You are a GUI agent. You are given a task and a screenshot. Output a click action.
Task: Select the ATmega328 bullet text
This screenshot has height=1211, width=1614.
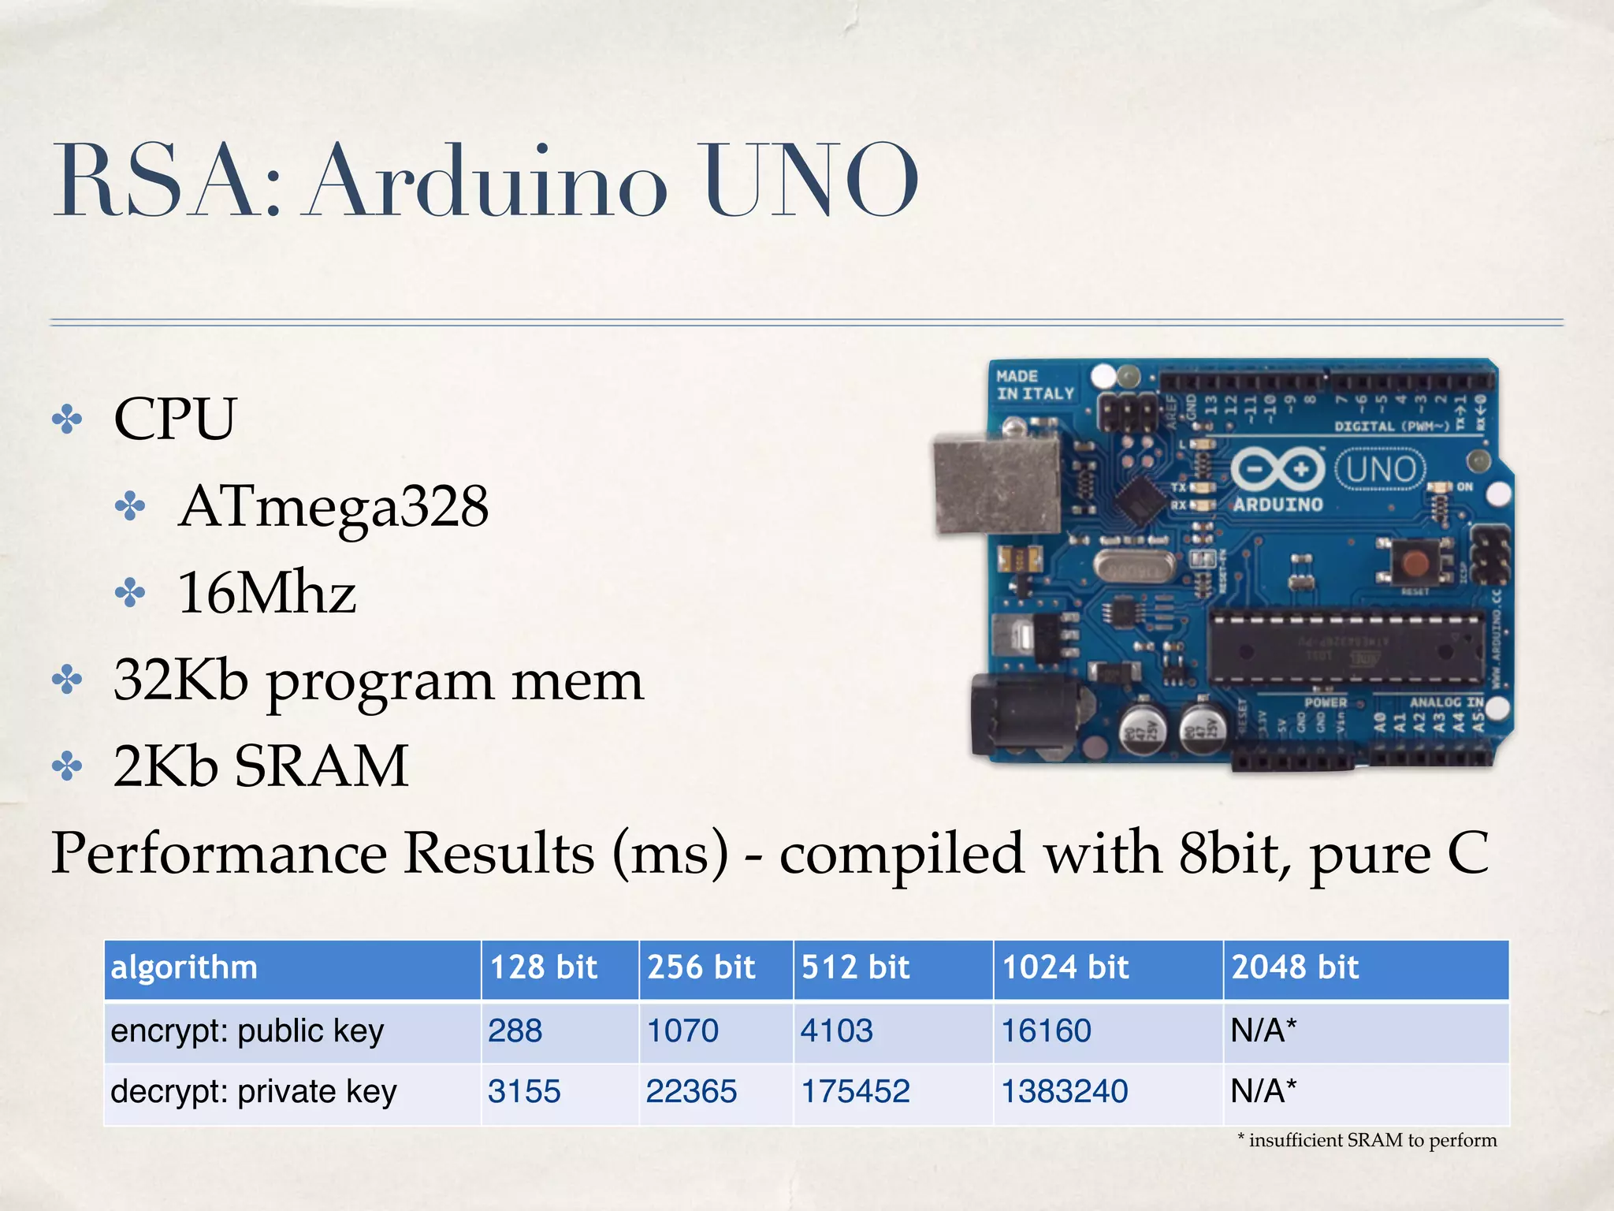[x=333, y=506]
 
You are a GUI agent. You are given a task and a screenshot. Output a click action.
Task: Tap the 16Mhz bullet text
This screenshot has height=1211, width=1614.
[x=266, y=593]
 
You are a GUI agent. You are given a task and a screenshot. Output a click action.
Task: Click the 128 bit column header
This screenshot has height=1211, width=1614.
[x=544, y=967]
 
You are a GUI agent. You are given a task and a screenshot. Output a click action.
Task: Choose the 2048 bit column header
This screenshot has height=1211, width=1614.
[x=1295, y=967]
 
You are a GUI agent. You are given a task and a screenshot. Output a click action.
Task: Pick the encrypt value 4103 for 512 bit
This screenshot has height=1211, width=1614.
[x=837, y=1030]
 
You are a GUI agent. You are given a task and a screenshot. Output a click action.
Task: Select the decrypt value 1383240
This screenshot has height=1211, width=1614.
[x=1065, y=1091]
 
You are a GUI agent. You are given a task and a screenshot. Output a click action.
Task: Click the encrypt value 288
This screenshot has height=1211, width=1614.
[x=515, y=1030]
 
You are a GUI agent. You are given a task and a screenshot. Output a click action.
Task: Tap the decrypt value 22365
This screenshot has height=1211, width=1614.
[x=691, y=1091]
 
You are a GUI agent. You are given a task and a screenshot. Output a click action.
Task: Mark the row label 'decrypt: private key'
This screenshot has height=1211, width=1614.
[x=254, y=1091]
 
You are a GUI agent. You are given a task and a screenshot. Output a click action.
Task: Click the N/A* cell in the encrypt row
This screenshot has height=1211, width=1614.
[x=1263, y=1030]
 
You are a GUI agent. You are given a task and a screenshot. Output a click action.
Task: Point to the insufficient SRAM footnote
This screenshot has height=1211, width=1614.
[x=1367, y=1140]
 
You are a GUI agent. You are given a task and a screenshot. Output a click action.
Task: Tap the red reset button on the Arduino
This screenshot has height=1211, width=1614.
[x=1415, y=563]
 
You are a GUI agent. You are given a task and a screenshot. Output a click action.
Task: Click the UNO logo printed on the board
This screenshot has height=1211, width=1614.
[x=1380, y=469]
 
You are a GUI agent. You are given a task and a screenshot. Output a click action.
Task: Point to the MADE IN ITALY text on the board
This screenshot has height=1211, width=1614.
[x=1035, y=385]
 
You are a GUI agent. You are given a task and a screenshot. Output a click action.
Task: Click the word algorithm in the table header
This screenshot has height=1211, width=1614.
[x=184, y=967]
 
